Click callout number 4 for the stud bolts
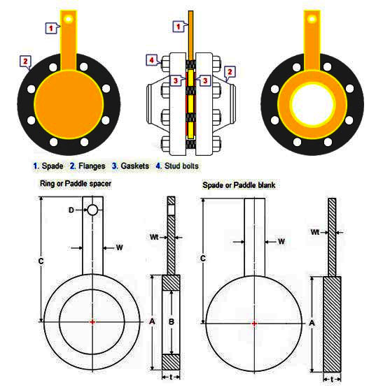click(x=151, y=60)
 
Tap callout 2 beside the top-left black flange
click(x=25, y=61)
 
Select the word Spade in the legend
click(x=53, y=166)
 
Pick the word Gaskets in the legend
click(x=135, y=166)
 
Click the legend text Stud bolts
click(x=181, y=166)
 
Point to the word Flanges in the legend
click(x=92, y=166)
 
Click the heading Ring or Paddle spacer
click(x=76, y=184)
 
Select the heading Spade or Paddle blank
click(x=239, y=185)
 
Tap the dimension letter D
click(x=71, y=210)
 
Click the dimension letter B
click(x=171, y=322)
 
